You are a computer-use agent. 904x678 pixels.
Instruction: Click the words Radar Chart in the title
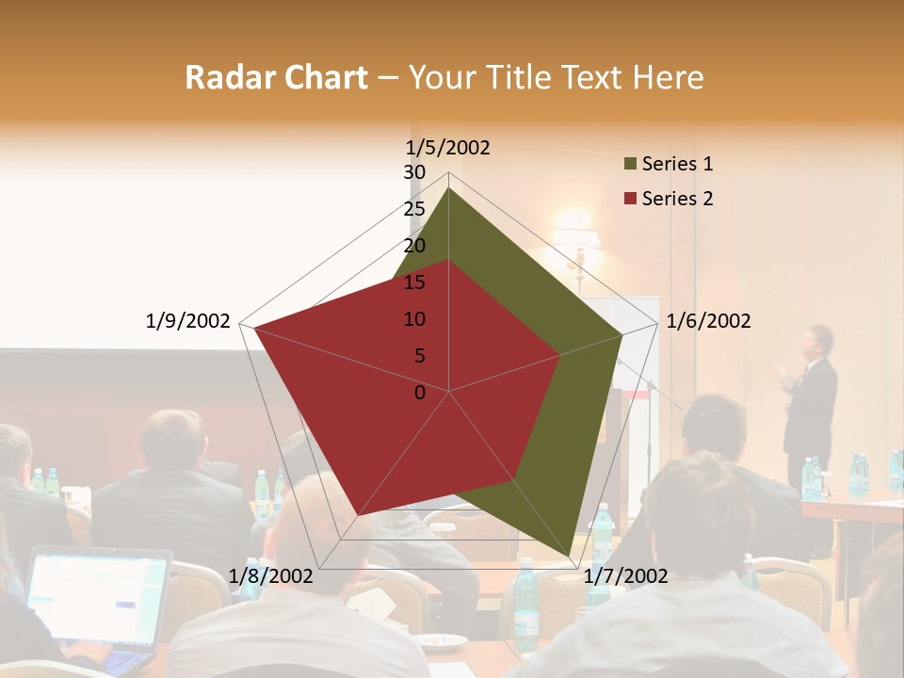click(276, 77)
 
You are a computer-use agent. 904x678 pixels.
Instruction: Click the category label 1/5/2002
click(447, 147)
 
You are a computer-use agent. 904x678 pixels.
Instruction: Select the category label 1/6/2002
click(708, 321)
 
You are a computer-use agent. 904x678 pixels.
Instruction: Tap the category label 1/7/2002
click(625, 575)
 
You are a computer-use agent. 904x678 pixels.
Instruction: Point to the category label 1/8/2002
click(271, 575)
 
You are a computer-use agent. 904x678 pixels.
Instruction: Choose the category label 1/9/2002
click(187, 321)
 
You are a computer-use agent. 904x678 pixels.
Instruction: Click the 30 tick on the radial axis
click(414, 172)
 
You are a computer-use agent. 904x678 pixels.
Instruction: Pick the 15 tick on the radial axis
click(414, 282)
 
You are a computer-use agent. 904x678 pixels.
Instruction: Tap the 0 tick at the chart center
click(420, 393)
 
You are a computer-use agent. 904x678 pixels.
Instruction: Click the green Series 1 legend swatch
click(630, 165)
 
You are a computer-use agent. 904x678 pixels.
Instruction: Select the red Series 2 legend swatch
click(630, 199)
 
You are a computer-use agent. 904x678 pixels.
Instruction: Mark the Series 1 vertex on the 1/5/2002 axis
click(448, 187)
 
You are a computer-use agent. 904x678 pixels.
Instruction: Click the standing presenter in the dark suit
click(811, 395)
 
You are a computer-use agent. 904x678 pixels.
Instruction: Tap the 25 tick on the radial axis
click(414, 209)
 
